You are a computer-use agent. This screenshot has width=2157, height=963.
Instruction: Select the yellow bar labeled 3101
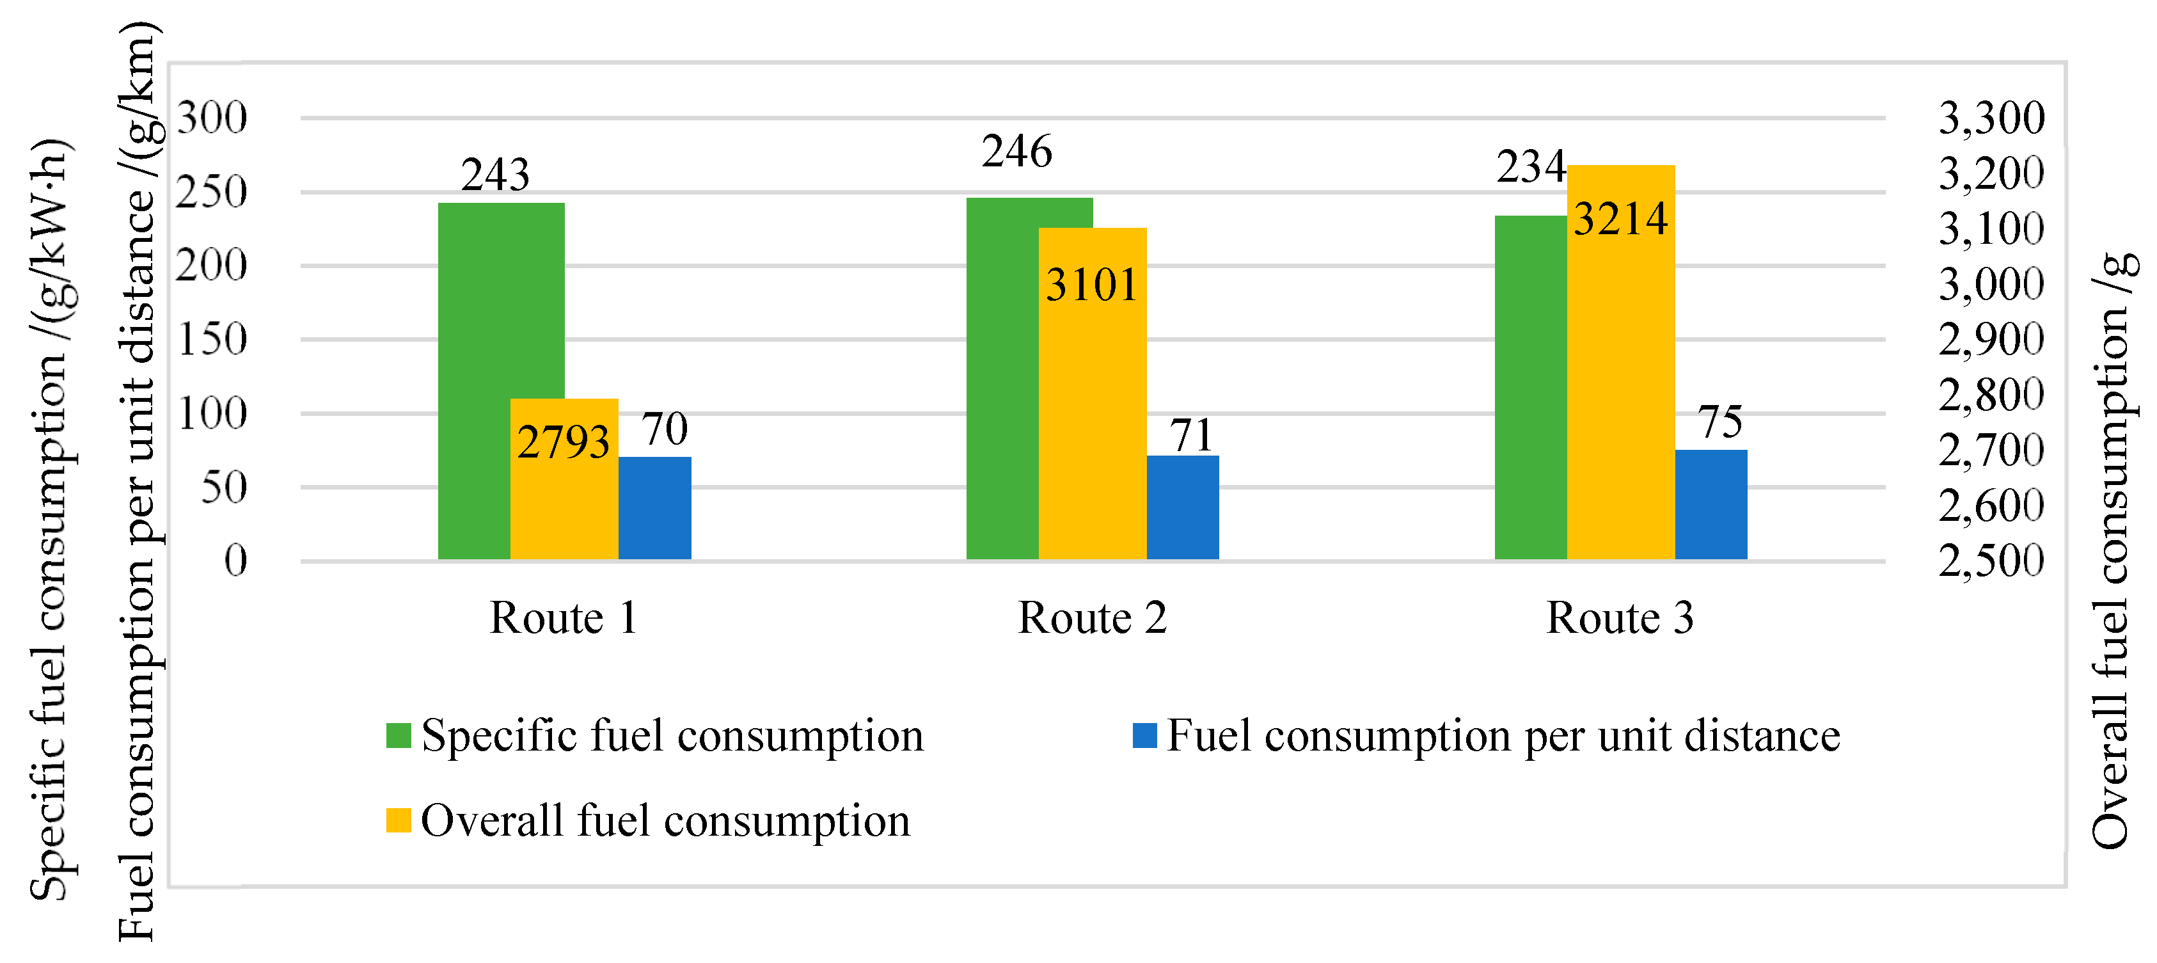[x=1092, y=394]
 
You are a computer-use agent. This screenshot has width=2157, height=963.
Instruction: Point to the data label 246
[x=1016, y=152]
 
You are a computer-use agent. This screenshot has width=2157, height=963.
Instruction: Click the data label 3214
[x=1620, y=219]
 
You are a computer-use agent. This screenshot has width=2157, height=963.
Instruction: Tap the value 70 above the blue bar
[x=664, y=429]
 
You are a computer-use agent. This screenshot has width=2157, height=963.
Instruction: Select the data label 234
[x=1530, y=166]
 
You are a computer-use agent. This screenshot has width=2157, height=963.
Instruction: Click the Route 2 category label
[x=1092, y=618]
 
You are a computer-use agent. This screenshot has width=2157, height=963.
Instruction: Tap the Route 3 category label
[x=1620, y=618]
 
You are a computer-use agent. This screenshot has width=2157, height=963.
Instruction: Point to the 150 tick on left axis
[x=212, y=339]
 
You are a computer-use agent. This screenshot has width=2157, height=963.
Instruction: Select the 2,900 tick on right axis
[x=1991, y=339]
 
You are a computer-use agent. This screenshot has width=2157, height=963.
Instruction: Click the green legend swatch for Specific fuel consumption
[x=399, y=735]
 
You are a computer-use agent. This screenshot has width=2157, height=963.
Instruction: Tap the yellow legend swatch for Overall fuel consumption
[x=399, y=820]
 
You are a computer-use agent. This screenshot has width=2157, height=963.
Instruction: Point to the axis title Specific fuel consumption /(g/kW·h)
[x=51, y=519]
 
